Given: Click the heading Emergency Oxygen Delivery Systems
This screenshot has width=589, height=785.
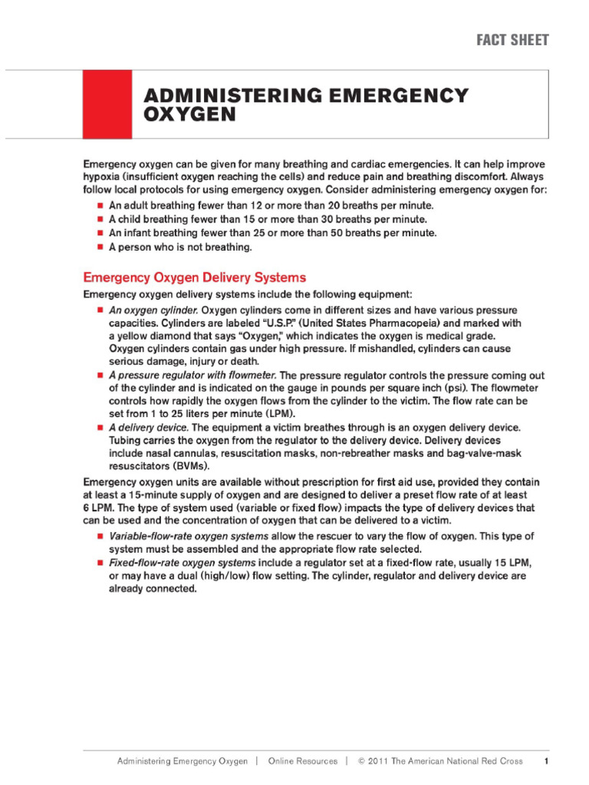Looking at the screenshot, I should [x=194, y=277].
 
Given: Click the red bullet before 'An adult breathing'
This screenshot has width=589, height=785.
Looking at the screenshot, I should [x=100, y=206].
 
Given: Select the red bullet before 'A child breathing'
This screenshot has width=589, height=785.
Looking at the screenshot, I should [x=100, y=220].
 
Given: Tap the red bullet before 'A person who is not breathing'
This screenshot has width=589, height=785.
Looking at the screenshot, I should [x=100, y=248].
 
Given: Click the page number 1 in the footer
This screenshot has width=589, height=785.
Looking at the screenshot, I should [x=545, y=761].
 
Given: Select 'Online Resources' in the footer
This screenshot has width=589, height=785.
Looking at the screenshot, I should [x=302, y=761].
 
